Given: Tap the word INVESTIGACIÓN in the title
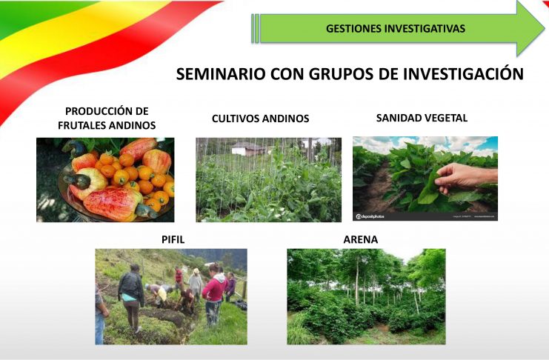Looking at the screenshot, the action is click(x=463, y=73).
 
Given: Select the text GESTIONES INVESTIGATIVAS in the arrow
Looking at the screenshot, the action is click(x=396, y=29).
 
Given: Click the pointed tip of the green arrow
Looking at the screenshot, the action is click(x=545, y=28).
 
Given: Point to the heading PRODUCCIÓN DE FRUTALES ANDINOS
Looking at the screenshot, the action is click(x=107, y=118).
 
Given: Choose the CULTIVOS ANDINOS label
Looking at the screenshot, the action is click(x=261, y=119).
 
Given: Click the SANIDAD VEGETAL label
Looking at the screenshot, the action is click(x=422, y=118).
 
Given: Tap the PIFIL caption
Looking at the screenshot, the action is click(x=173, y=239).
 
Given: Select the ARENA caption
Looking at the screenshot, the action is click(x=360, y=239).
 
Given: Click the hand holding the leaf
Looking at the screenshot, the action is click(x=464, y=177).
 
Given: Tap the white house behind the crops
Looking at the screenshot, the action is click(x=248, y=148).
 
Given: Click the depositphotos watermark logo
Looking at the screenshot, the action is click(x=370, y=216).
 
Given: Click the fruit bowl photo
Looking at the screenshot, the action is click(x=105, y=180).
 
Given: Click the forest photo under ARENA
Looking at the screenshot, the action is click(x=366, y=296).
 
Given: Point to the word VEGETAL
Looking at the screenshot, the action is click(x=445, y=118).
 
